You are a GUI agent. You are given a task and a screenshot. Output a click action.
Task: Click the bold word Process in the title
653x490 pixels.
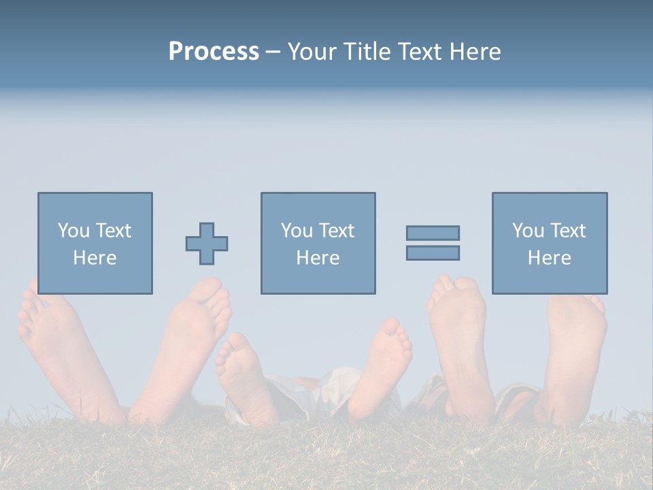(214, 52)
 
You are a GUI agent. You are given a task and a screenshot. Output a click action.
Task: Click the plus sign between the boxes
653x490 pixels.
(207, 244)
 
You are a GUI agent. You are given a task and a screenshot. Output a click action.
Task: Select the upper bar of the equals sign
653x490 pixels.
(433, 233)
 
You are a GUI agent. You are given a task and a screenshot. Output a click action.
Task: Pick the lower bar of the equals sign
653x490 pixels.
(433, 252)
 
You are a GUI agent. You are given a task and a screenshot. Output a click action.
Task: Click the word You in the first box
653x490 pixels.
(73, 231)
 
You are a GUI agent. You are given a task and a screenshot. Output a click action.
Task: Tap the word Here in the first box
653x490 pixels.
(95, 258)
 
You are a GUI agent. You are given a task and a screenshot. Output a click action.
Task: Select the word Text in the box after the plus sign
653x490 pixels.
(336, 231)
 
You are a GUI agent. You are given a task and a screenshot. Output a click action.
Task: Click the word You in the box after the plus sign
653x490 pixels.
(296, 231)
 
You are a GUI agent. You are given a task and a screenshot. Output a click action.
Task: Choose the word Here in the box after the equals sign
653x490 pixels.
(549, 258)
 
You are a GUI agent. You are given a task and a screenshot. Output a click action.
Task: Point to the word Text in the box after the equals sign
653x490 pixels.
(567, 231)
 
